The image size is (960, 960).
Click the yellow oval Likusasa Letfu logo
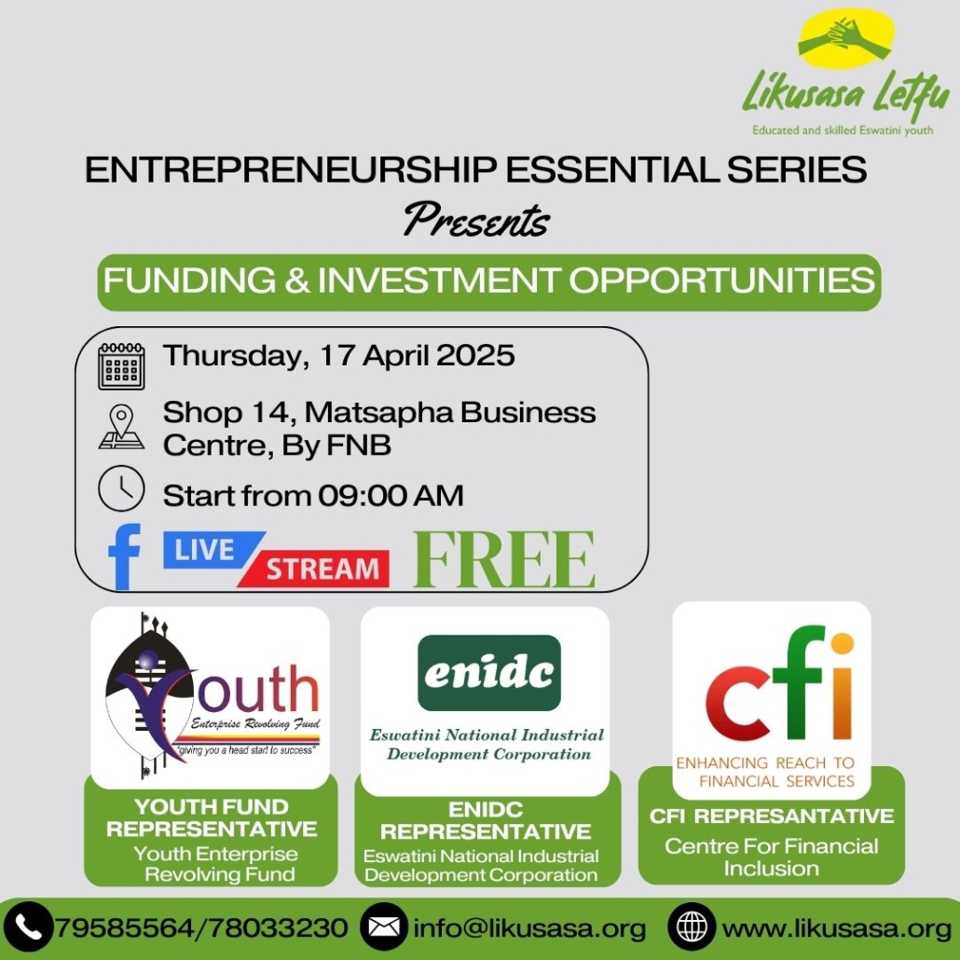(x=846, y=38)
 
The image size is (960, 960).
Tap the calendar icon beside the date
(x=121, y=365)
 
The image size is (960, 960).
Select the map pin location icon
(x=121, y=427)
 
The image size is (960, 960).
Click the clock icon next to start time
(x=121, y=488)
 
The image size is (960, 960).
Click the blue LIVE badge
(x=212, y=549)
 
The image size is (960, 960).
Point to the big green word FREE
(x=504, y=559)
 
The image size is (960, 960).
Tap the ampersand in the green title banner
(x=297, y=281)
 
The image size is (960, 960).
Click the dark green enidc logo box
(x=489, y=673)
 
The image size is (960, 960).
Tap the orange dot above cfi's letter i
(x=843, y=643)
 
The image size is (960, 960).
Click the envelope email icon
(x=384, y=928)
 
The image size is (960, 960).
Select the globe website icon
(x=692, y=928)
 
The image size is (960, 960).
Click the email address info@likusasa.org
(x=530, y=928)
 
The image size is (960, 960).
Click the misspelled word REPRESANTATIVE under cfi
(x=795, y=816)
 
